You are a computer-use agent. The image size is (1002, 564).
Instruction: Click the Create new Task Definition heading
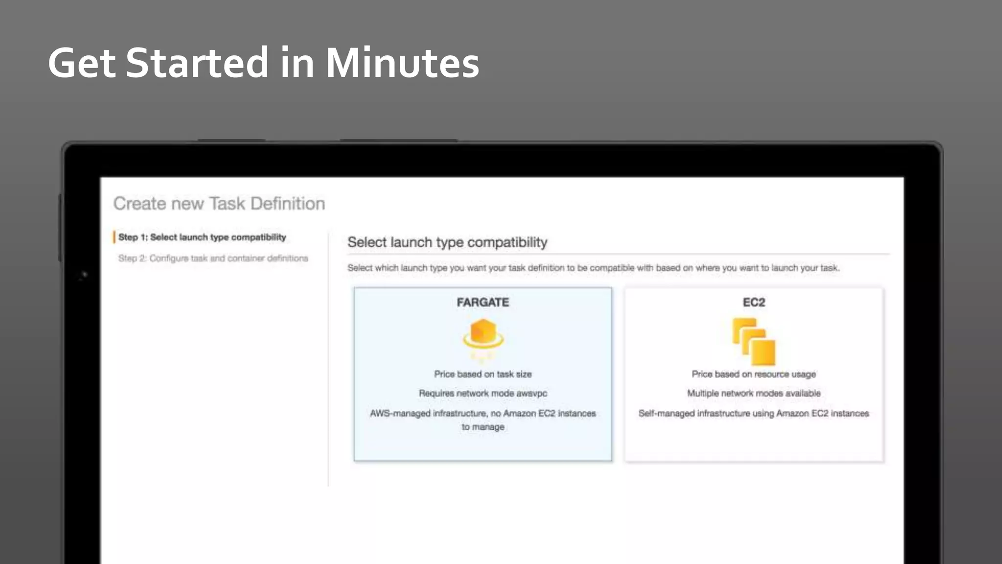219,203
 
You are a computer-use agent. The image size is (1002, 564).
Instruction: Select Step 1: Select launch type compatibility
202,237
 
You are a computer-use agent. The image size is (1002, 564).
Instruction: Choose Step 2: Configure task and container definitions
213,258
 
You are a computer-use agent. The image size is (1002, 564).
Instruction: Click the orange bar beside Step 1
114,237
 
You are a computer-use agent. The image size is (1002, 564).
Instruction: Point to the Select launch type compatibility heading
447,242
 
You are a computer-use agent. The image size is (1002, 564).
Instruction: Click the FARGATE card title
483,302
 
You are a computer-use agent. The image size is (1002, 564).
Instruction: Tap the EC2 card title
753,302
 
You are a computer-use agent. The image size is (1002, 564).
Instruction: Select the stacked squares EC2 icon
753,341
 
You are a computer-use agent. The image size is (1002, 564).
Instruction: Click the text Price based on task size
483,374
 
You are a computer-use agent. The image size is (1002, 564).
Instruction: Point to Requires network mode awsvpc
483,393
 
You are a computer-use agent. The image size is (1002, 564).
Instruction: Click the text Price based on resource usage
753,374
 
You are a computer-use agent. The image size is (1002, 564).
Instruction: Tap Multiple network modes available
753,393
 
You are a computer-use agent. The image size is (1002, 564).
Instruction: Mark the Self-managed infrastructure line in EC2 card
753,413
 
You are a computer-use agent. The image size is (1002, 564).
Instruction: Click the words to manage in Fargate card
483,427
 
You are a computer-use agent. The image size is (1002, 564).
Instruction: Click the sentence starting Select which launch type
593,268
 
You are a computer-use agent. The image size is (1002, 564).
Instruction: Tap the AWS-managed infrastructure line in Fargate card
483,413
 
